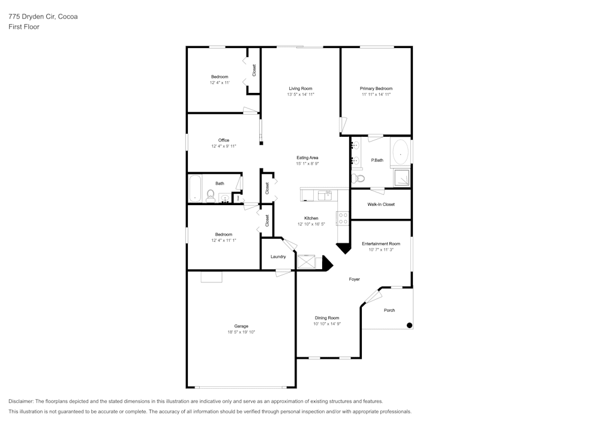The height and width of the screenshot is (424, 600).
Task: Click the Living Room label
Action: click(x=301, y=88)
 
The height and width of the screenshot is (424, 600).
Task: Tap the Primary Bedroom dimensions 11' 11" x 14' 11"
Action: click(x=376, y=94)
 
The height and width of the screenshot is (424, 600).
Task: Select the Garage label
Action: click(x=241, y=326)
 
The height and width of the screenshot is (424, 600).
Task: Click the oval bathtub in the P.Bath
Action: click(x=400, y=152)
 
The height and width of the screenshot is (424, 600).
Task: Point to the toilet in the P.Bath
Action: click(x=358, y=178)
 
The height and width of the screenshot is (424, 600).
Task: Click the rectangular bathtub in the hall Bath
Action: click(x=196, y=188)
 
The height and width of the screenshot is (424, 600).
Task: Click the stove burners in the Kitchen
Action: click(x=343, y=218)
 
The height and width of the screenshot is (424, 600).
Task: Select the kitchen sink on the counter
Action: click(x=325, y=195)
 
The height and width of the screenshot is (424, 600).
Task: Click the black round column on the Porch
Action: click(x=410, y=325)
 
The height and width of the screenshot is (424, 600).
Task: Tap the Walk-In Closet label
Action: click(x=381, y=205)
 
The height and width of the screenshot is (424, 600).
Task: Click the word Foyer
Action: click(x=355, y=279)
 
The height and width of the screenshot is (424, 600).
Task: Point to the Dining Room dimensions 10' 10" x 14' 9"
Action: click(x=327, y=324)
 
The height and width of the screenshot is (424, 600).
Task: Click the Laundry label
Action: click(x=278, y=257)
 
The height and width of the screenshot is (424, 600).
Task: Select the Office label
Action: click(x=224, y=140)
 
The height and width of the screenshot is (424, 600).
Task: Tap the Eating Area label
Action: click(x=307, y=158)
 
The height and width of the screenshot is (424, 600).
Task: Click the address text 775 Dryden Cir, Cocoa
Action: click(x=43, y=17)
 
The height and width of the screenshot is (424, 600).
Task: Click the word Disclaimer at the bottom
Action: click(x=22, y=401)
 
